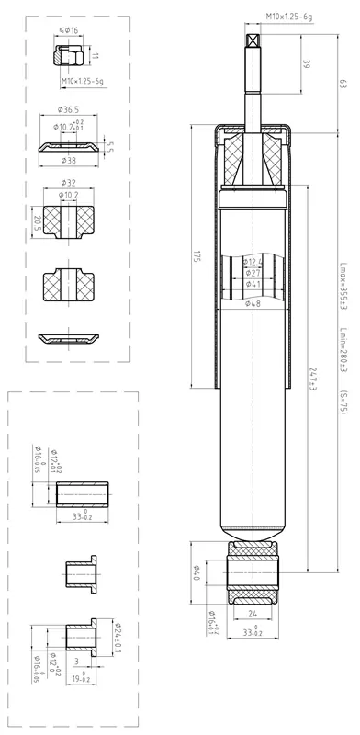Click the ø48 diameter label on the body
click(253, 302)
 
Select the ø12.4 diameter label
click(253, 263)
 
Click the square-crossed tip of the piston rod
click(253, 40)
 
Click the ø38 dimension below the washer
click(69, 159)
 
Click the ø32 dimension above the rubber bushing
click(67, 182)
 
